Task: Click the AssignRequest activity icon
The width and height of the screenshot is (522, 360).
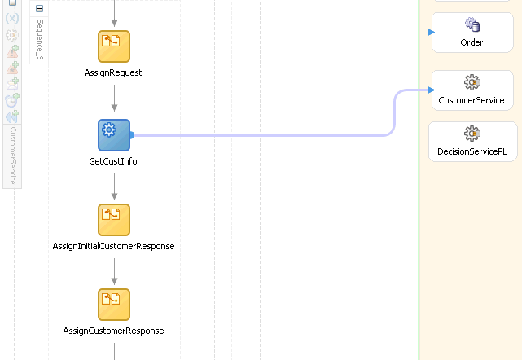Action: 114,46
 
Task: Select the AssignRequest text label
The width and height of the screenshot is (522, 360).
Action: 113,72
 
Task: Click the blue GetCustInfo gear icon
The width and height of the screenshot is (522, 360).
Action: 114,135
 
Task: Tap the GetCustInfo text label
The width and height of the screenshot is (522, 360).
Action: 113,161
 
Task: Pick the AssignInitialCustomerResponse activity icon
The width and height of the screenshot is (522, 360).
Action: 114,220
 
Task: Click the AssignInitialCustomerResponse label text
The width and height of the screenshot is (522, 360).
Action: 113,246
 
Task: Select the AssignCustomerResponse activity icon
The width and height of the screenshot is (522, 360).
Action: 114,305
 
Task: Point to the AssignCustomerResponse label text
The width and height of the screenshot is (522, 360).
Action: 113,331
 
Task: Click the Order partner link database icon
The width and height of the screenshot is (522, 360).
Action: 472,26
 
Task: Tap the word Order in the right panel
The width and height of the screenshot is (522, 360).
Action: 472,42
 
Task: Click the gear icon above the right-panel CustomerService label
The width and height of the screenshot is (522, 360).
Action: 472,83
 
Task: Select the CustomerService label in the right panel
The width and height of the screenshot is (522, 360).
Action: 472,100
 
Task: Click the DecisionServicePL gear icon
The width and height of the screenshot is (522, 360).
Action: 472,134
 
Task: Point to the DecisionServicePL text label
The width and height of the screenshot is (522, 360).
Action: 472,151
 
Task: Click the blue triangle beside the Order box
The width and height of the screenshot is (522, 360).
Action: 432,32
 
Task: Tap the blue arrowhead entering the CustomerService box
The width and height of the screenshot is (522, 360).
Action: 431,90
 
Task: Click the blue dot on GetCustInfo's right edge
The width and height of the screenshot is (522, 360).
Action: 131,135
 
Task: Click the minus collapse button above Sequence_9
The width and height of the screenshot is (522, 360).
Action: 40,7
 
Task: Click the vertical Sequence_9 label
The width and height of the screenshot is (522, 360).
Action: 40,39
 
